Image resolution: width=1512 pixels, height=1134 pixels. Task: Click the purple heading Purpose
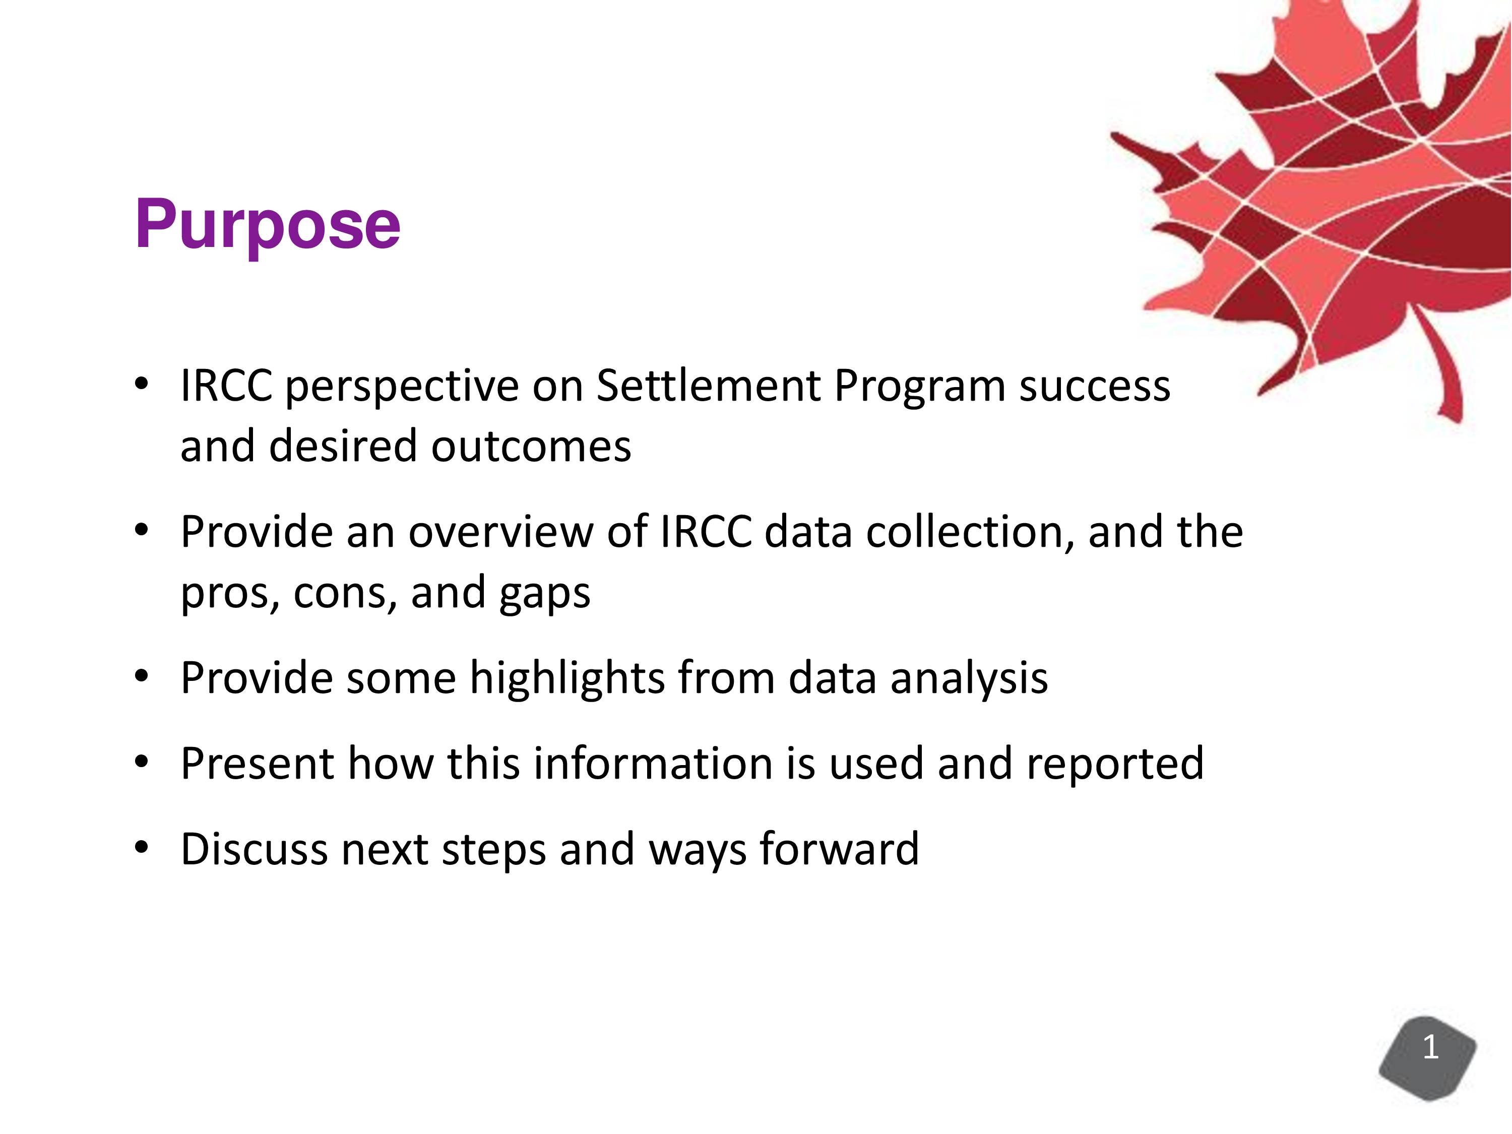tap(267, 225)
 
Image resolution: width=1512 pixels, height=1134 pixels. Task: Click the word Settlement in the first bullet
tap(708, 386)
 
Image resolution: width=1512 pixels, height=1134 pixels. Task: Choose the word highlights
tap(568, 679)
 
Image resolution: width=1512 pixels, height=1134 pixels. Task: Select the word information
tap(653, 764)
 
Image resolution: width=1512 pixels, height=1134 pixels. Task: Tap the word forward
tap(839, 849)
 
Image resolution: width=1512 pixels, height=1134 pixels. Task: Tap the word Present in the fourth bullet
tap(258, 764)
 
